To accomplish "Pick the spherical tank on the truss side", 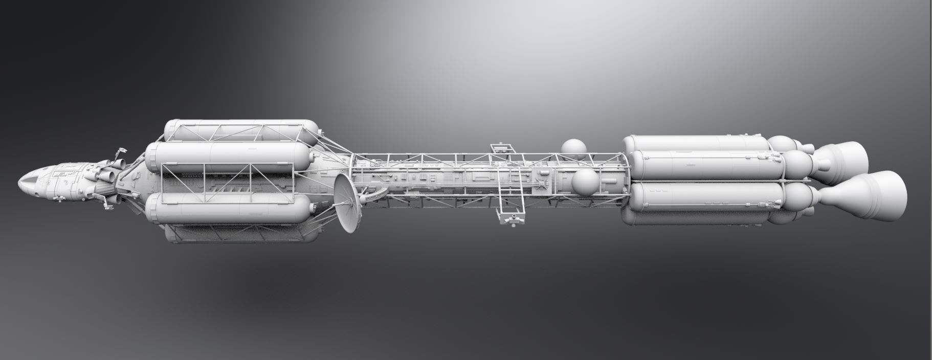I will [x=585, y=183].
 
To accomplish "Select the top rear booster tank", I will [x=696, y=143].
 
